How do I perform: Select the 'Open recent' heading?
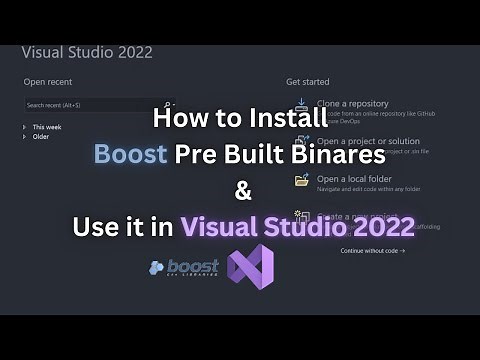coord(47,82)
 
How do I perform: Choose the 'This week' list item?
coord(46,127)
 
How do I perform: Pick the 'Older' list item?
coord(40,137)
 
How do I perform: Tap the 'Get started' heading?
coord(308,82)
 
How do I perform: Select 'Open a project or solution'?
coord(368,141)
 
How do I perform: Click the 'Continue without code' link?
coord(372,250)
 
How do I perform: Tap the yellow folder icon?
coord(301,180)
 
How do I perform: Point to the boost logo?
coord(184,268)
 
